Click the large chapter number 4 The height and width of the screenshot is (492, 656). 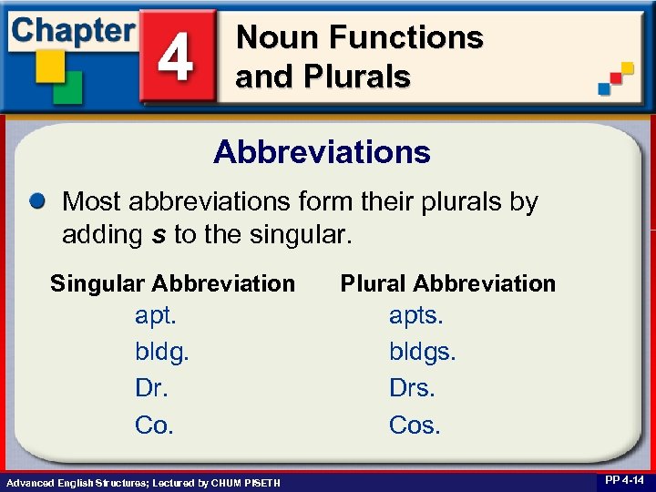(176, 57)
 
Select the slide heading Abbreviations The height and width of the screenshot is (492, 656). (322, 151)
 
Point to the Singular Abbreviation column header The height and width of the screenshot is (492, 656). (172, 283)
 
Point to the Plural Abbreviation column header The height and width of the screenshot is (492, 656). (447, 283)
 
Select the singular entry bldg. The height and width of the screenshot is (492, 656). (161, 353)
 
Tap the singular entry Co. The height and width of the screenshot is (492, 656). (154, 425)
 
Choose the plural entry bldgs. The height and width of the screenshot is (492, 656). (423, 353)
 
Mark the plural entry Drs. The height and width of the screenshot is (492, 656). (413, 388)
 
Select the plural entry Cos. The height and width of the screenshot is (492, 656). (415, 425)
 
